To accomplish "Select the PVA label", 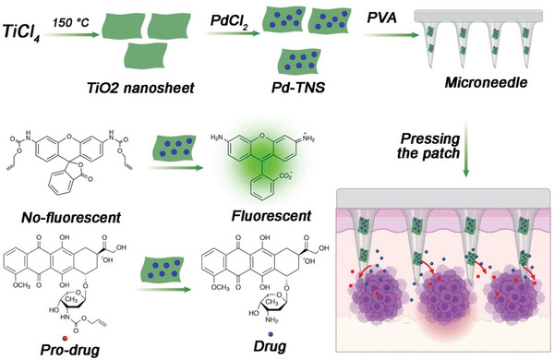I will [x=388, y=18].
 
